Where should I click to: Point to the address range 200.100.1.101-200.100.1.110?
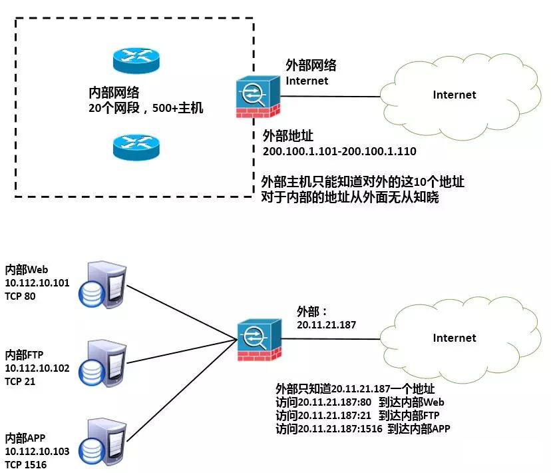339,152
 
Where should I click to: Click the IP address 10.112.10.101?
37,283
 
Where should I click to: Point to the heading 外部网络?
311,65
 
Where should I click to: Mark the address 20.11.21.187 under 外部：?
327,325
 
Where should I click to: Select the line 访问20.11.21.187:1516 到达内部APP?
363,429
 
